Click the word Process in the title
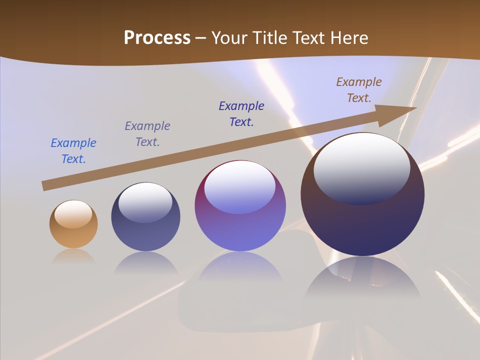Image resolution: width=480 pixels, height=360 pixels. coord(157,38)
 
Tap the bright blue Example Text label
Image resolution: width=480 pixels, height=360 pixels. coord(73,151)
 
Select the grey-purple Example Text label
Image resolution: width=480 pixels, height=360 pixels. coord(147,134)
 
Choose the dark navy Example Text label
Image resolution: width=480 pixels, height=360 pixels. coord(241,114)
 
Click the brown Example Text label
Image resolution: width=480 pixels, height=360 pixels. coord(359,90)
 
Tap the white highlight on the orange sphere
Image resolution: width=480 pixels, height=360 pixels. coord(73,214)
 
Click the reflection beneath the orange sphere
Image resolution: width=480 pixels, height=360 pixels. coord(73,256)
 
